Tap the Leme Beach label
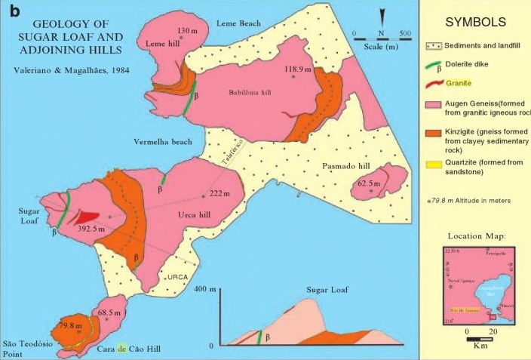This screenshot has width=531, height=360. pyautogui.click(x=239, y=23)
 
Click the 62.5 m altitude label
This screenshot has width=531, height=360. pyautogui.click(x=370, y=183)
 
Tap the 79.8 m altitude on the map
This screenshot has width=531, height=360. pyautogui.click(x=70, y=326)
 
